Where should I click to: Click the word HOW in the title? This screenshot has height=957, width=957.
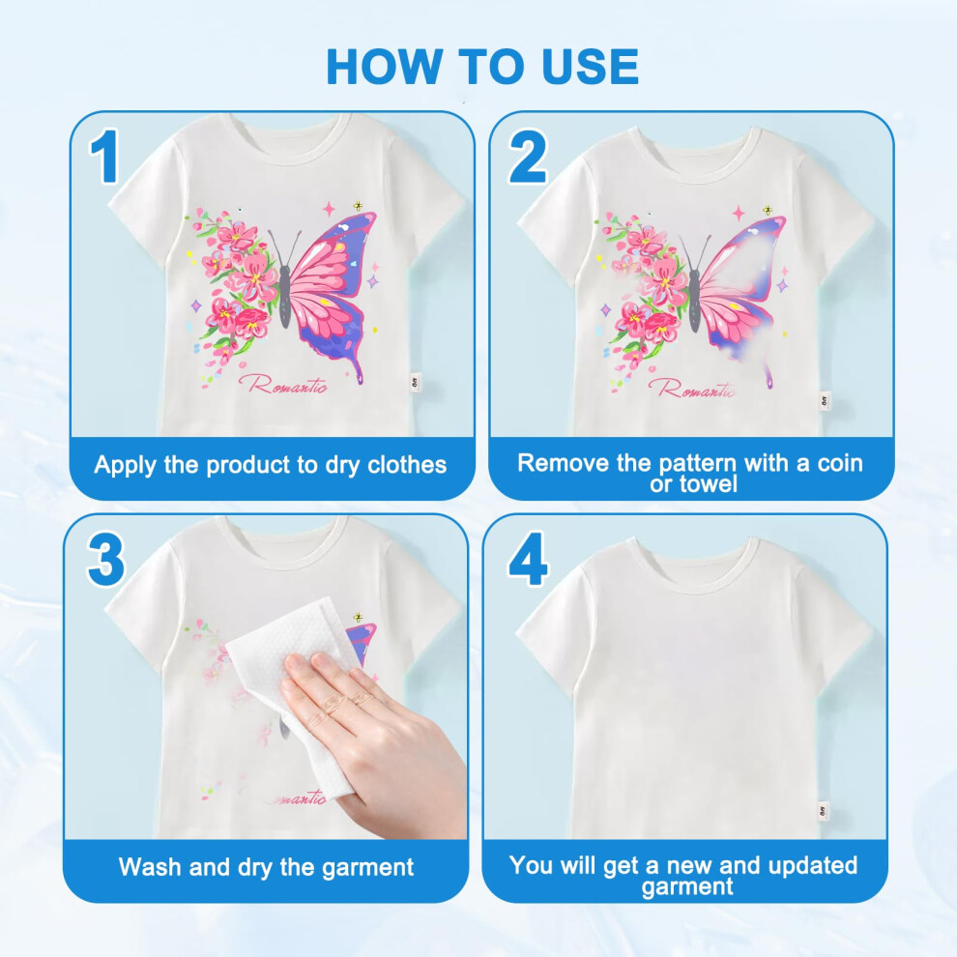click(385, 66)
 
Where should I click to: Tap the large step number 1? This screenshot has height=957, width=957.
click(104, 156)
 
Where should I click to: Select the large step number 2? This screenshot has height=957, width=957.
click(528, 157)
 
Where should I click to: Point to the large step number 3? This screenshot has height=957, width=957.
click(105, 560)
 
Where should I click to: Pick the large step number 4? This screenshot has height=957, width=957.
click(528, 559)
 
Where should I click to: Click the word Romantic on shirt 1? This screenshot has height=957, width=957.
click(283, 385)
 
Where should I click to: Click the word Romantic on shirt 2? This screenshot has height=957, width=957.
click(693, 388)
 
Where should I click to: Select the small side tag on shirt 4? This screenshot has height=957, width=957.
click(824, 811)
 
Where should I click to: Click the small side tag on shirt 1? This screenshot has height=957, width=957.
click(415, 382)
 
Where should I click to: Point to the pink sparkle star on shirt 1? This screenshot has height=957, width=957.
click(329, 210)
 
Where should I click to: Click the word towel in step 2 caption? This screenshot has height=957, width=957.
click(709, 484)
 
